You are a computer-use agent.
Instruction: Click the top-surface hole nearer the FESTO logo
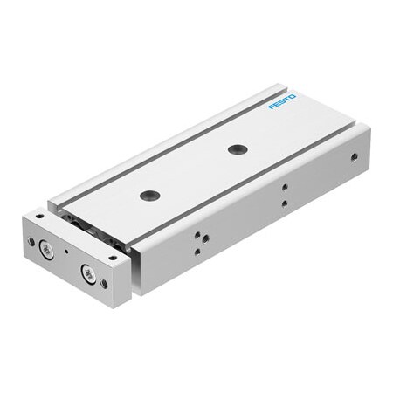pyautogui.click(x=236, y=148)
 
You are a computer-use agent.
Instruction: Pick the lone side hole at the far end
pyautogui.click(x=353, y=159)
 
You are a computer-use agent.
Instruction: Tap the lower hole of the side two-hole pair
pyautogui.click(x=284, y=203)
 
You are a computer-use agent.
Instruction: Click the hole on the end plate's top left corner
pyautogui.click(x=40, y=215)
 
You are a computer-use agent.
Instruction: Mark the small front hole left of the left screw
pyautogui.click(x=31, y=241)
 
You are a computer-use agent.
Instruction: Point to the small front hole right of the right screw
pyautogui.click(x=105, y=283)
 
